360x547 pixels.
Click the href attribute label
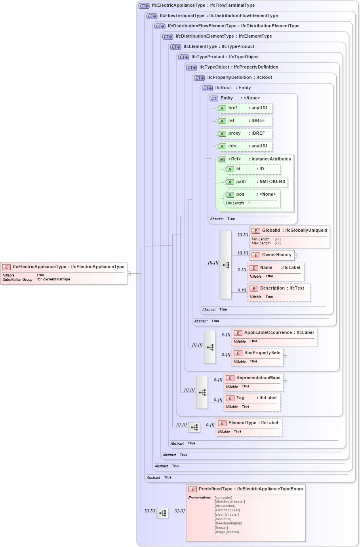(232, 108)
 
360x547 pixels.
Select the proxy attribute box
(244, 133)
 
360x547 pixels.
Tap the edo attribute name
(232, 146)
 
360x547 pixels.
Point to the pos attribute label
(240, 194)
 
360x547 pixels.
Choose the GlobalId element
(271, 231)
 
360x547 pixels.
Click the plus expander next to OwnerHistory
(296, 255)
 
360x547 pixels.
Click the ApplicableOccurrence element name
(268, 333)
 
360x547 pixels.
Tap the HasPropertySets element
(262, 353)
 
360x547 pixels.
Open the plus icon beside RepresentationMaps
(285, 382)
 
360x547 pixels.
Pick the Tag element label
(240, 398)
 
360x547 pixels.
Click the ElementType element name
(242, 423)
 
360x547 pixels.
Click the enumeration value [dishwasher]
(225, 506)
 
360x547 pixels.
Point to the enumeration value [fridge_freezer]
(227, 532)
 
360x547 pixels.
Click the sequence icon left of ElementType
(194, 427)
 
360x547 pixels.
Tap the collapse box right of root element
(129, 273)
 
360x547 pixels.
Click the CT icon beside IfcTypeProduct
(184, 57)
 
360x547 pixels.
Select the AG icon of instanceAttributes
(222, 160)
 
